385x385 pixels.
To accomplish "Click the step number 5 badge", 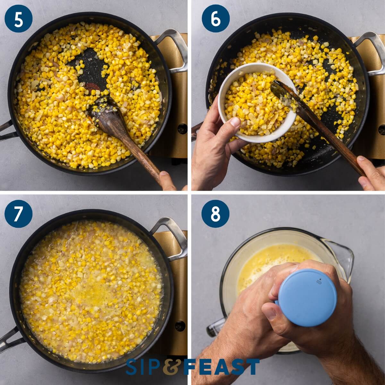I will click(x=18, y=20).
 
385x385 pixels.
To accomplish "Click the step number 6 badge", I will click(x=216, y=20).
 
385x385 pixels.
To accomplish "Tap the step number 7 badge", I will click(x=18, y=213).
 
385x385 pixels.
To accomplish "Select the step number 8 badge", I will click(x=216, y=213).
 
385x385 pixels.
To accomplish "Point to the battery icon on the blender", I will click(x=319, y=283).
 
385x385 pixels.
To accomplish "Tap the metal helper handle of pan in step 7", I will click(x=175, y=237).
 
